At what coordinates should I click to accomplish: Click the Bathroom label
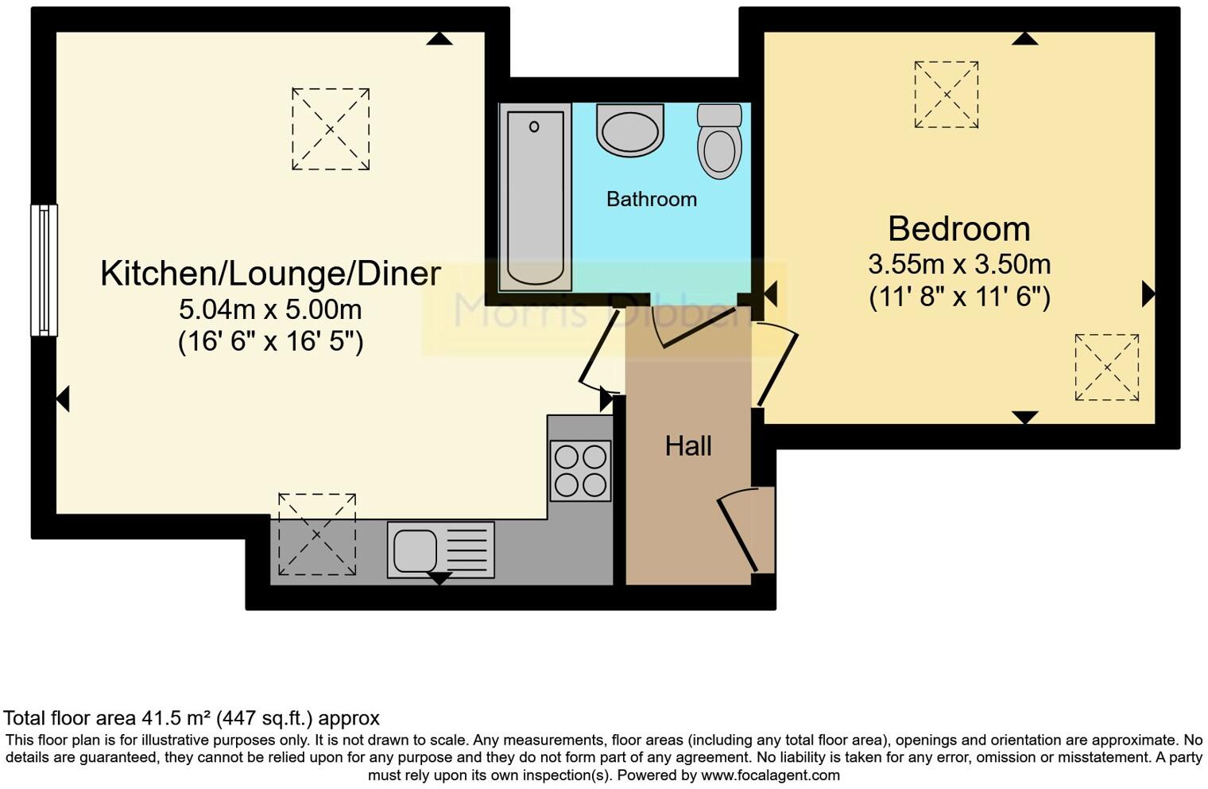click(x=651, y=199)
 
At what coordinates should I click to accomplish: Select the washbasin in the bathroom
click(x=629, y=131)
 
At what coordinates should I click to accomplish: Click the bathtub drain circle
click(x=534, y=126)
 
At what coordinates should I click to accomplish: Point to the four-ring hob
click(x=580, y=470)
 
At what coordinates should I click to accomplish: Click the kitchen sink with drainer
click(x=440, y=549)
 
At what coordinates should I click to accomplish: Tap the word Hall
click(x=688, y=445)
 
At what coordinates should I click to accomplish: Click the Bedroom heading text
click(x=958, y=228)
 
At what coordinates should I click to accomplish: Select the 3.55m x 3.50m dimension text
click(x=958, y=263)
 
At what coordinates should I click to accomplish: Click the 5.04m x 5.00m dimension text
click(x=270, y=309)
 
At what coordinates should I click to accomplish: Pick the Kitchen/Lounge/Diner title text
click(x=270, y=273)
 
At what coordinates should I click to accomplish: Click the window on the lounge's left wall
click(x=44, y=270)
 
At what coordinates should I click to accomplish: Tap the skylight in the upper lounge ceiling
click(x=331, y=129)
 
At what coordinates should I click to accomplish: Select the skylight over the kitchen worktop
click(x=317, y=534)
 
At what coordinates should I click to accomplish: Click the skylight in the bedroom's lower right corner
click(x=1106, y=367)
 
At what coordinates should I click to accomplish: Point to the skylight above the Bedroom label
click(x=946, y=95)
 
